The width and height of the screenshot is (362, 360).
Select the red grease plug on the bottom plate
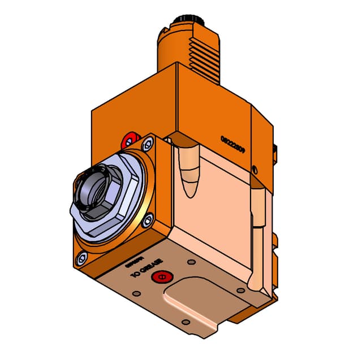point(164,276)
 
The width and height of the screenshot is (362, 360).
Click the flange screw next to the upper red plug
point(149,145)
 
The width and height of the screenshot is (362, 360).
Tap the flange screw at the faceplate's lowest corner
point(83,258)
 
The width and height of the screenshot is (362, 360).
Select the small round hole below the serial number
point(255,169)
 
